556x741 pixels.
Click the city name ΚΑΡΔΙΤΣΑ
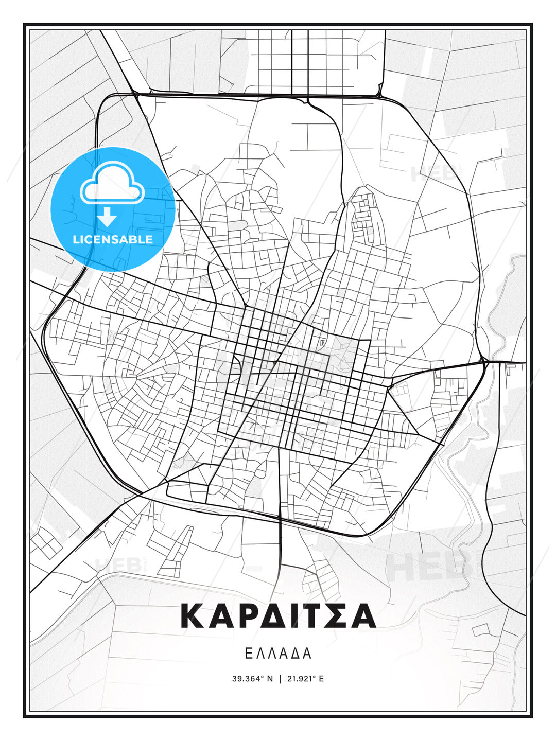pyautogui.click(x=278, y=616)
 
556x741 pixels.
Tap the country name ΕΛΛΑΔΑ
pyautogui.click(x=278, y=653)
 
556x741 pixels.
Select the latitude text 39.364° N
pyautogui.click(x=252, y=679)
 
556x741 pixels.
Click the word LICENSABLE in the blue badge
pyautogui.click(x=113, y=239)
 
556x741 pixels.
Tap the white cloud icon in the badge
pyautogui.click(x=112, y=184)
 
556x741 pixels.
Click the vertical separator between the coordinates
pyautogui.click(x=280, y=679)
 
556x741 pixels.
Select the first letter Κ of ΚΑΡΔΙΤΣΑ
pyautogui.click(x=191, y=616)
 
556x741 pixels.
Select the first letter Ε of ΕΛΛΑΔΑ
pyautogui.click(x=248, y=653)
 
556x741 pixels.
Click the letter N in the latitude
pyautogui.click(x=270, y=679)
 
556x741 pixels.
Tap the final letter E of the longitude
pyautogui.click(x=321, y=679)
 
